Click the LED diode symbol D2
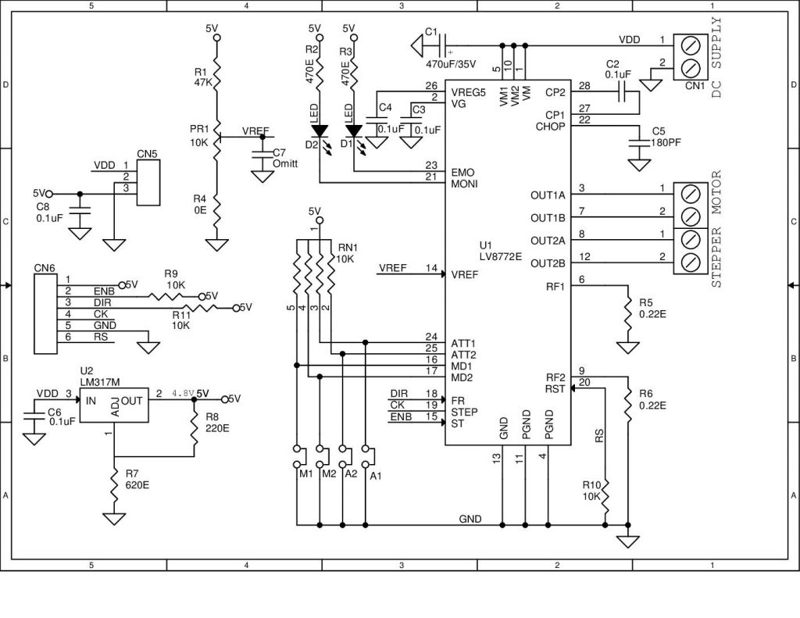(x=319, y=130)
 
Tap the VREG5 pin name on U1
(x=468, y=91)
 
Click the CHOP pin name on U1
(x=550, y=127)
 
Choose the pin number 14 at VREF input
(x=431, y=268)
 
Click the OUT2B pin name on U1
(x=548, y=263)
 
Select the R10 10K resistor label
(x=592, y=491)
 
